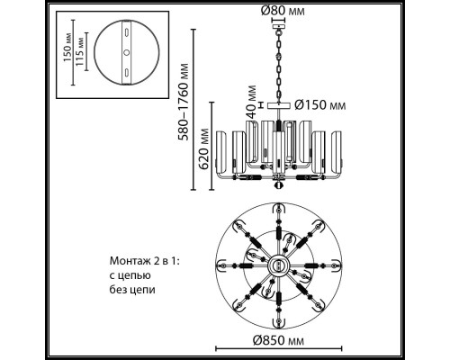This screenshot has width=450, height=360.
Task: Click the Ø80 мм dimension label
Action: click(x=283, y=11)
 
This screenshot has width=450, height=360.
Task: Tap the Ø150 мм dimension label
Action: click(x=319, y=105)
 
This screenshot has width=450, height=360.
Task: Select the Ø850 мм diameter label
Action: click(x=278, y=340)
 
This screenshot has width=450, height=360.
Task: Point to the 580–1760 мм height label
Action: click(x=183, y=102)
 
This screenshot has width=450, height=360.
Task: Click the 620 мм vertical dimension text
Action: click(x=203, y=148)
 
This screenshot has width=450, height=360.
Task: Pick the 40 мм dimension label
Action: click(x=251, y=101)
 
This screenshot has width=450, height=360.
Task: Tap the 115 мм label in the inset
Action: click(x=79, y=51)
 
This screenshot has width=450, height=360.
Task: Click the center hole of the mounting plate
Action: click(x=127, y=52)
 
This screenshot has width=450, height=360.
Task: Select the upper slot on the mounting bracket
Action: click(x=127, y=32)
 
